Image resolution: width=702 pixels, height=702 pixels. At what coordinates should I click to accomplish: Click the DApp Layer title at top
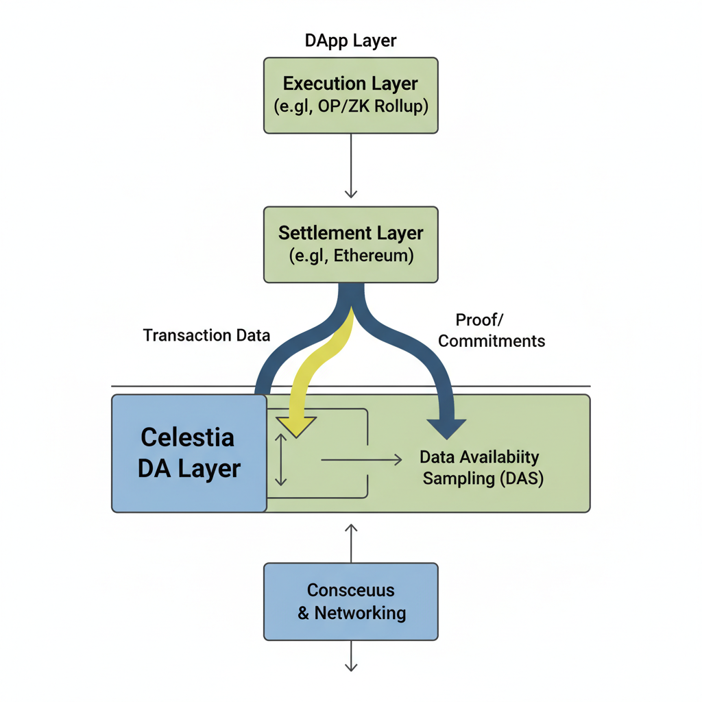point(350,40)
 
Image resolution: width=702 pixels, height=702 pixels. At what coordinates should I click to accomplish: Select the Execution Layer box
point(350,95)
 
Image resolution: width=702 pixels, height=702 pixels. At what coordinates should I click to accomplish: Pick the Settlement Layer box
point(350,244)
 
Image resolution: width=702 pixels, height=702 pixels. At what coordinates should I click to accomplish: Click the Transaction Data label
point(206,335)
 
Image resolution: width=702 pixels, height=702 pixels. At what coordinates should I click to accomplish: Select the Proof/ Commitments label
point(491,330)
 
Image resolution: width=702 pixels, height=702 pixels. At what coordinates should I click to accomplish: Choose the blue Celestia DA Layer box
point(189,453)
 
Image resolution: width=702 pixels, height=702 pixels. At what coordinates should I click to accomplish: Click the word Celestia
point(187,437)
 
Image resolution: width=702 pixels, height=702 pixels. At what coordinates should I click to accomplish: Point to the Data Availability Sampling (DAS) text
point(480,468)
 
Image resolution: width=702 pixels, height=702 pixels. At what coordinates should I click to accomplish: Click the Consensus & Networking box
point(350,601)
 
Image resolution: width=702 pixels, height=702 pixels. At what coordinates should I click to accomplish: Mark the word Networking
point(360,613)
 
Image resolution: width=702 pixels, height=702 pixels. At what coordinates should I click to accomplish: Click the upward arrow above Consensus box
point(351,542)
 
